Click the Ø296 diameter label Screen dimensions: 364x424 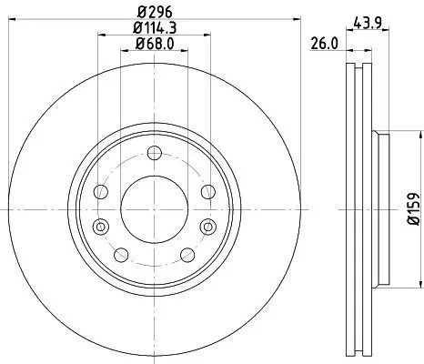point(154,13)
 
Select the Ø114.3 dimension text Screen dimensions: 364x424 point(154,28)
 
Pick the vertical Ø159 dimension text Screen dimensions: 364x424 point(411,210)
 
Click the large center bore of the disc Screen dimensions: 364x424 point(153,208)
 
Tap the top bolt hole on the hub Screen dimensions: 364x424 point(153,152)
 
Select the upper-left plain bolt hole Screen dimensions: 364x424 point(102,191)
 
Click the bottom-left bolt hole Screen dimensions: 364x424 point(121,252)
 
